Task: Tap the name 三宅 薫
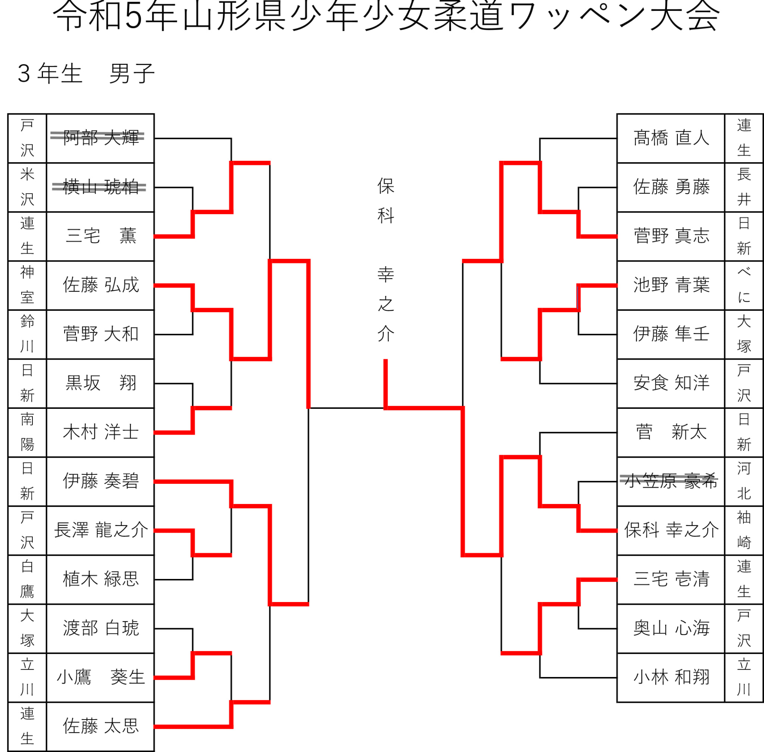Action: pyautogui.click(x=101, y=236)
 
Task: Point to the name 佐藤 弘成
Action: pyautogui.click(x=101, y=285)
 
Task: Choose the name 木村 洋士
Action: pyautogui.click(x=101, y=432)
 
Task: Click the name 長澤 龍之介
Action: pyautogui.click(x=101, y=530)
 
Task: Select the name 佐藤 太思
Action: pyautogui.click(x=101, y=726)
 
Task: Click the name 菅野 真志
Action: pyautogui.click(x=671, y=236)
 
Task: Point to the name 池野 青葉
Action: pyautogui.click(x=671, y=285)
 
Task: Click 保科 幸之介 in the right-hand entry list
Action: pyautogui.click(x=671, y=530)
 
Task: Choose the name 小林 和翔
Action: pyautogui.click(x=671, y=677)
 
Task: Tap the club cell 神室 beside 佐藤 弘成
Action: pyautogui.click(x=27, y=285)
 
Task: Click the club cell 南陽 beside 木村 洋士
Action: pyautogui.click(x=27, y=432)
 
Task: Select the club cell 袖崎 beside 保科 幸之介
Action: pyautogui.click(x=744, y=530)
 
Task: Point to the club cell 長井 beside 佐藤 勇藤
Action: pyautogui.click(x=744, y=187)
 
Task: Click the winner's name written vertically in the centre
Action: pyautogui.click(x=386, y=260)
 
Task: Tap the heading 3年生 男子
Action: pyautogui.click(x=86, y=73)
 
